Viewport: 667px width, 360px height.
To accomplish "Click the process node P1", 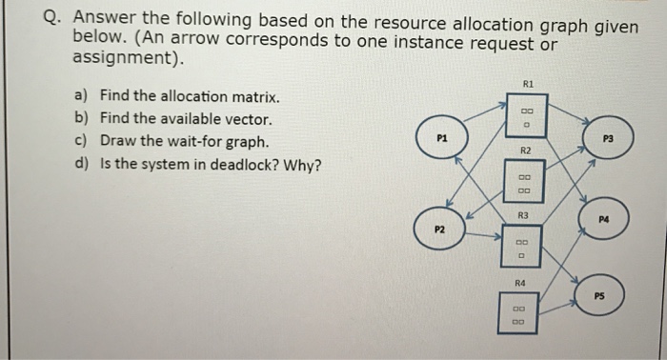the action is pos(440,139).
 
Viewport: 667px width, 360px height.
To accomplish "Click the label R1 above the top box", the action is pos(524,84).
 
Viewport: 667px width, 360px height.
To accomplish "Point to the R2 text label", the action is pos(524,151).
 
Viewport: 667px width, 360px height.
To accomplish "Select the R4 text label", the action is pos(520,283).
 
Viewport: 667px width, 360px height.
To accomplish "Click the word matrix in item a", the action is pos(253,97).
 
